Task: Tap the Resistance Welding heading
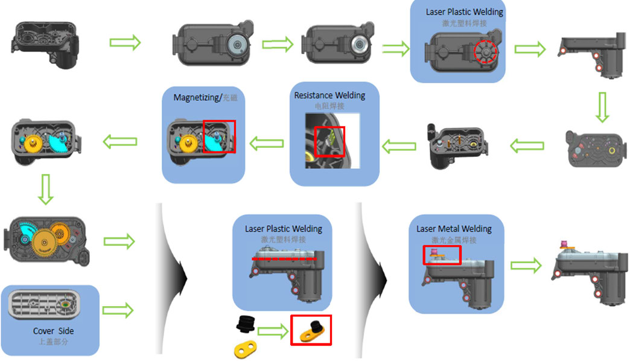tap(329, 95)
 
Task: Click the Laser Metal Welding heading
tap(454, 229)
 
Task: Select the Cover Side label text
tap(53, 331)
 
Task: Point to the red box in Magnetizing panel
tap(219, 136)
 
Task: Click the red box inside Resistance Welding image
tap(329, 141)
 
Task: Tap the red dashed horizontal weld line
tap(284, 258)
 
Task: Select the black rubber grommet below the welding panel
tap(244, 324)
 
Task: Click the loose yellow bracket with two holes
tap(243, 348)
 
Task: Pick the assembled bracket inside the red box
tap(311, 330)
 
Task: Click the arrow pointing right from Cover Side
tap(118, 310)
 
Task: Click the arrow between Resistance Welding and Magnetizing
tap(267, 143)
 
